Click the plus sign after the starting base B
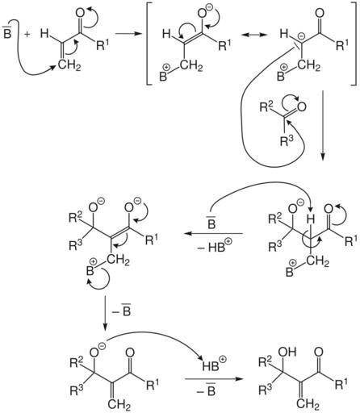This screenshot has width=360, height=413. click(x=27, y=34)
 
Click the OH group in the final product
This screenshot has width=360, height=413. click(x=288, y=352)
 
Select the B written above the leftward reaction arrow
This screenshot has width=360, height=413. click(x=211, y=223)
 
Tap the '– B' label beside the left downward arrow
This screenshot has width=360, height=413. click(x=122, y=311)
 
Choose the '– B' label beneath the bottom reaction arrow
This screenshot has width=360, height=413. click(x=207, y=390)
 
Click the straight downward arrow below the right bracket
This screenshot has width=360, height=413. click(x=323, y=125)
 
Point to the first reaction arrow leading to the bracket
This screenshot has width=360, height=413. click(x=128, y=34)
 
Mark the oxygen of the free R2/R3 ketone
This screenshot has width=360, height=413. click(x=302, y=107)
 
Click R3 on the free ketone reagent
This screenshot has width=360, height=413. click(x=287, y=140)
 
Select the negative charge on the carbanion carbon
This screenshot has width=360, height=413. click(x=302, y=35)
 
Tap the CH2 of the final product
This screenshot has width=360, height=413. click(x=308, y=404)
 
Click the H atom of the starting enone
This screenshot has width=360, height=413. click(x=44, y=34)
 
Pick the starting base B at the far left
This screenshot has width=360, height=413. click(x=6, y=32)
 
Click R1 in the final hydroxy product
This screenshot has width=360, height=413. click(x=341, y=384)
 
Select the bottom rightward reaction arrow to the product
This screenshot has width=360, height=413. click(x=212, y=379)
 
